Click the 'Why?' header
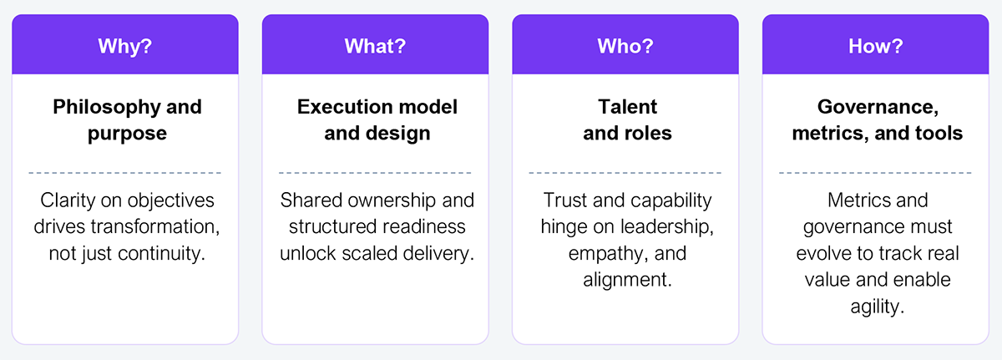(124, 45)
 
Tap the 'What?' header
(375, 45)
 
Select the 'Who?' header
(625, 45)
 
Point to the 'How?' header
(875, 45)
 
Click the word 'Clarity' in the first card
(69, 200)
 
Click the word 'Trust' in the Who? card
(566, 200)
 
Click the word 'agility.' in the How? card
(876, 307)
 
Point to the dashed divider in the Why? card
(124, 173)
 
